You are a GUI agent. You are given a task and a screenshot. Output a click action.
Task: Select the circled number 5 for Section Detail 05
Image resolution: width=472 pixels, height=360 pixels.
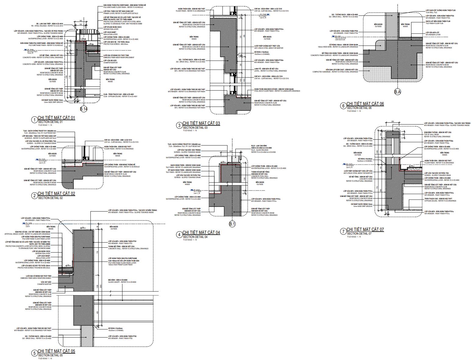tap(34, 353)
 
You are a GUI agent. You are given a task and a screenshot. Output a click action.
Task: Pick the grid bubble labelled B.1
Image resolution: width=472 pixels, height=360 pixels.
tap(232, 224)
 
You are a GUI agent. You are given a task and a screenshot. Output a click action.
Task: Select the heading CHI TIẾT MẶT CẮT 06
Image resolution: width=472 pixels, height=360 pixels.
tap(365, 104)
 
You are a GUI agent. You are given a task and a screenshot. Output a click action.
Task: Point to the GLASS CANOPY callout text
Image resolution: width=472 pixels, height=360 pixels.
tap(122, 282)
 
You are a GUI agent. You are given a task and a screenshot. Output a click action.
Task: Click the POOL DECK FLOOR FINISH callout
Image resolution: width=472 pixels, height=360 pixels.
tap(277, 91)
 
